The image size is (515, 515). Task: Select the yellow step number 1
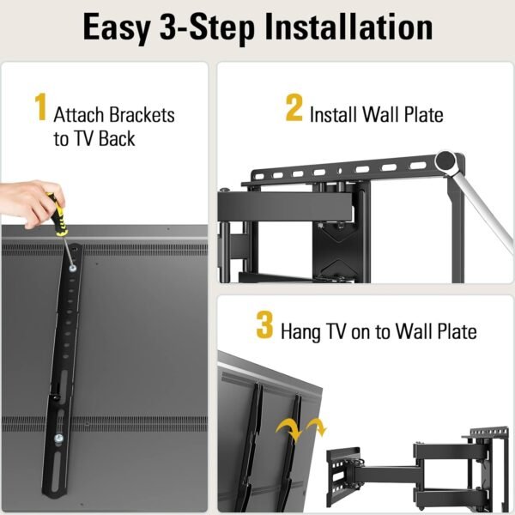pos(40,109)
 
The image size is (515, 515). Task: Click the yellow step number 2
pos(294,109)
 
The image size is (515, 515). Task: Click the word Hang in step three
pos(300,331)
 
